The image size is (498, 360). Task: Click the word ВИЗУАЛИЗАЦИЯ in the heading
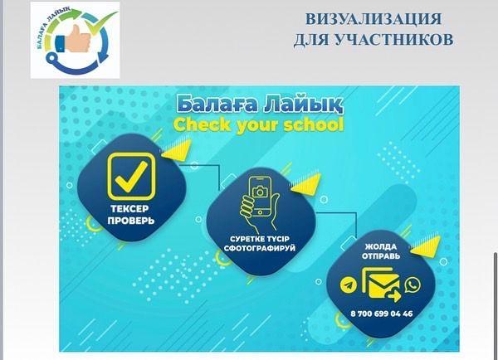pos(373,19)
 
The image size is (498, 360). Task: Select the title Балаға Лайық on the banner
pos(260,105)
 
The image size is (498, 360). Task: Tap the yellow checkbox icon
pos(131,176)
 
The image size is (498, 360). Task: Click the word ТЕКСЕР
pos(129,209)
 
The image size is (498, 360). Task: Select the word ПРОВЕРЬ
pos(131,221)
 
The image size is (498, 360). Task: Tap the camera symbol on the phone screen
pos(260,192)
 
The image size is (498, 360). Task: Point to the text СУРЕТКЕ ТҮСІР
pos(260,239)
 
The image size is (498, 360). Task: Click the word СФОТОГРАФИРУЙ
pos(260,248)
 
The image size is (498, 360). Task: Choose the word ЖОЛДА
pos(380,246)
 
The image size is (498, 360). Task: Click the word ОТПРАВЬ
pos(381,255)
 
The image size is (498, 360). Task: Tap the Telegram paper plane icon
pos(349,285)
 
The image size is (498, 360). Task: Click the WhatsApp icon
pos(413,285)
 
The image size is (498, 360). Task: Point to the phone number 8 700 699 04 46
pos(382,314)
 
